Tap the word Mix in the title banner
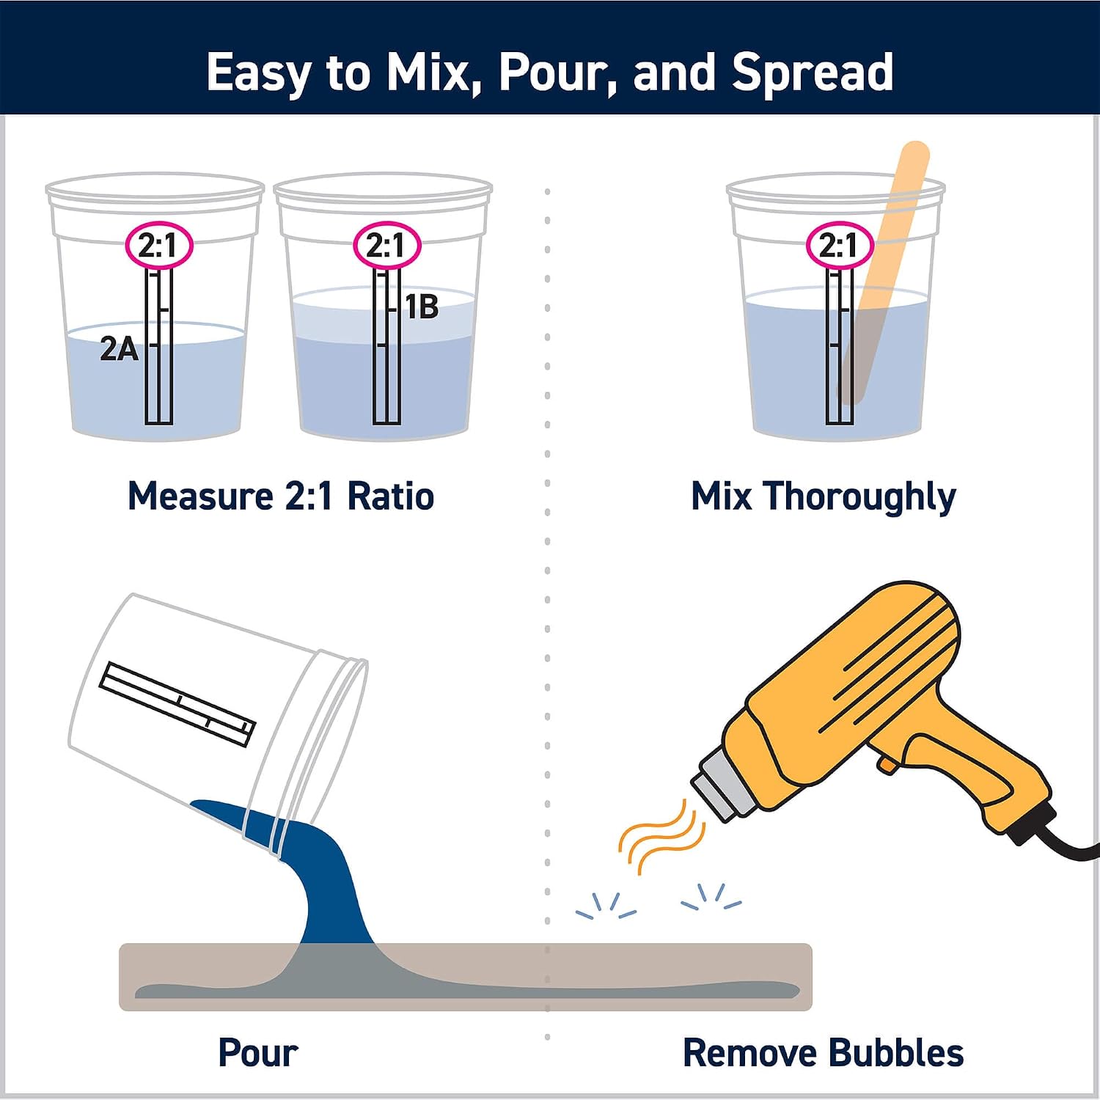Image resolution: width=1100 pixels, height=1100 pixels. (x=433, y=72)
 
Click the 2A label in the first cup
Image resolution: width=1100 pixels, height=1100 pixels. (x=119, y=349)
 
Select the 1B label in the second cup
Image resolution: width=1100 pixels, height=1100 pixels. (x=422, y=307)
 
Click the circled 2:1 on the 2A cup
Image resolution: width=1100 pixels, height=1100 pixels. (x=158, y=245)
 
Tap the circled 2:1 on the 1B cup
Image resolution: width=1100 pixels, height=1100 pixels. (x=386, y=245)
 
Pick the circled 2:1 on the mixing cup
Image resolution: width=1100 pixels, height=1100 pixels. (x=840, y=245)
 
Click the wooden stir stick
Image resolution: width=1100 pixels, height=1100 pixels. (x=884, y=271)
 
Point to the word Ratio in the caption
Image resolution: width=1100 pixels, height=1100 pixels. (x=390, y=496)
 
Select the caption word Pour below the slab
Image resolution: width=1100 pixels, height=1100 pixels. (x=258, y=1053)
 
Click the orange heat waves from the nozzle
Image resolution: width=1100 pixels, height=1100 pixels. (x=661, y=837)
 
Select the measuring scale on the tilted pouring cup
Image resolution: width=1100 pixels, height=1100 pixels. (x=177, y=703)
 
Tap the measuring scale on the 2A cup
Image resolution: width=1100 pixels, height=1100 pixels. (x=159, y=346)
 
